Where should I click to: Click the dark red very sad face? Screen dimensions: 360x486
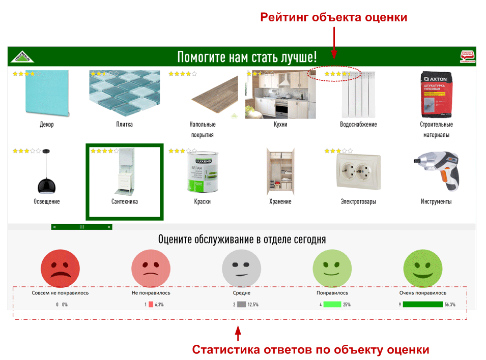61,268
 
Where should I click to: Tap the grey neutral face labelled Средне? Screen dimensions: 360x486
242,268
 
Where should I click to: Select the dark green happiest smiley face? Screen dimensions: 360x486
423,268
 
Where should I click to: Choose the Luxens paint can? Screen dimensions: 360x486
202,172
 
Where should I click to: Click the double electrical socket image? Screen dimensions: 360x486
358,172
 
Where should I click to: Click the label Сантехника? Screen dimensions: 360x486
125,202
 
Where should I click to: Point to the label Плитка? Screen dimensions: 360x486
125,125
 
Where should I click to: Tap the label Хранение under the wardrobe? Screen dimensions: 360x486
280,202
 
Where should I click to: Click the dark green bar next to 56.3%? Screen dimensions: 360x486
422,305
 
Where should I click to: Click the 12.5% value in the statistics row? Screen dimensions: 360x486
253,305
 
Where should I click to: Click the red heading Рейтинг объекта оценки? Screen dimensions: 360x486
334,17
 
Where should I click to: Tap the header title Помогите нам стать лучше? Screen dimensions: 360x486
247,56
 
